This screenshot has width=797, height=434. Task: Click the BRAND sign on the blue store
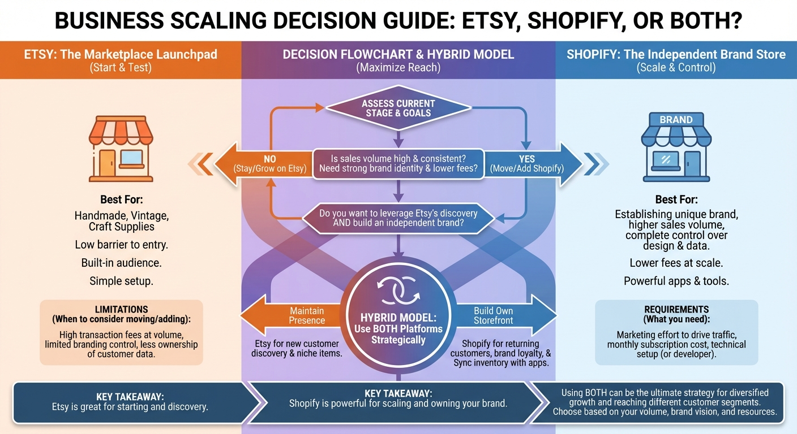pyautogui.click(x=676, y=120)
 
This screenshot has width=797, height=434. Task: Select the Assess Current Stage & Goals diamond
pyautogui.click(x=398, y=108)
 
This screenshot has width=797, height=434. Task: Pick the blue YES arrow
pyautogui.click(x=534, y=164)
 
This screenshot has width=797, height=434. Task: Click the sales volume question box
pyautogui.click(x=398, y=164)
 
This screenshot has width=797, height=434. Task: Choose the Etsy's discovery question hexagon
pyautogui.click(x=398, y=219)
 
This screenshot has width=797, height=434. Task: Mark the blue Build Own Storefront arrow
pyautogui.click(x=504, y=316)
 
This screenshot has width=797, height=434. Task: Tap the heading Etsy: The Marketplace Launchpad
pyautogui.click(x=121, y=55)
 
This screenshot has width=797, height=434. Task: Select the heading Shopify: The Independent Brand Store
pyautogui.click(x=676, y=55)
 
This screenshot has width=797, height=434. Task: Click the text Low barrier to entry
pyautogui.click(x=121, y=245)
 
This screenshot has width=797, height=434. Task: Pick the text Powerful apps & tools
pyautogui.click(x=676, y=281)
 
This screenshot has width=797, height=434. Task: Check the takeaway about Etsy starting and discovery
pyautogui.click(x=130, y=401)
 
